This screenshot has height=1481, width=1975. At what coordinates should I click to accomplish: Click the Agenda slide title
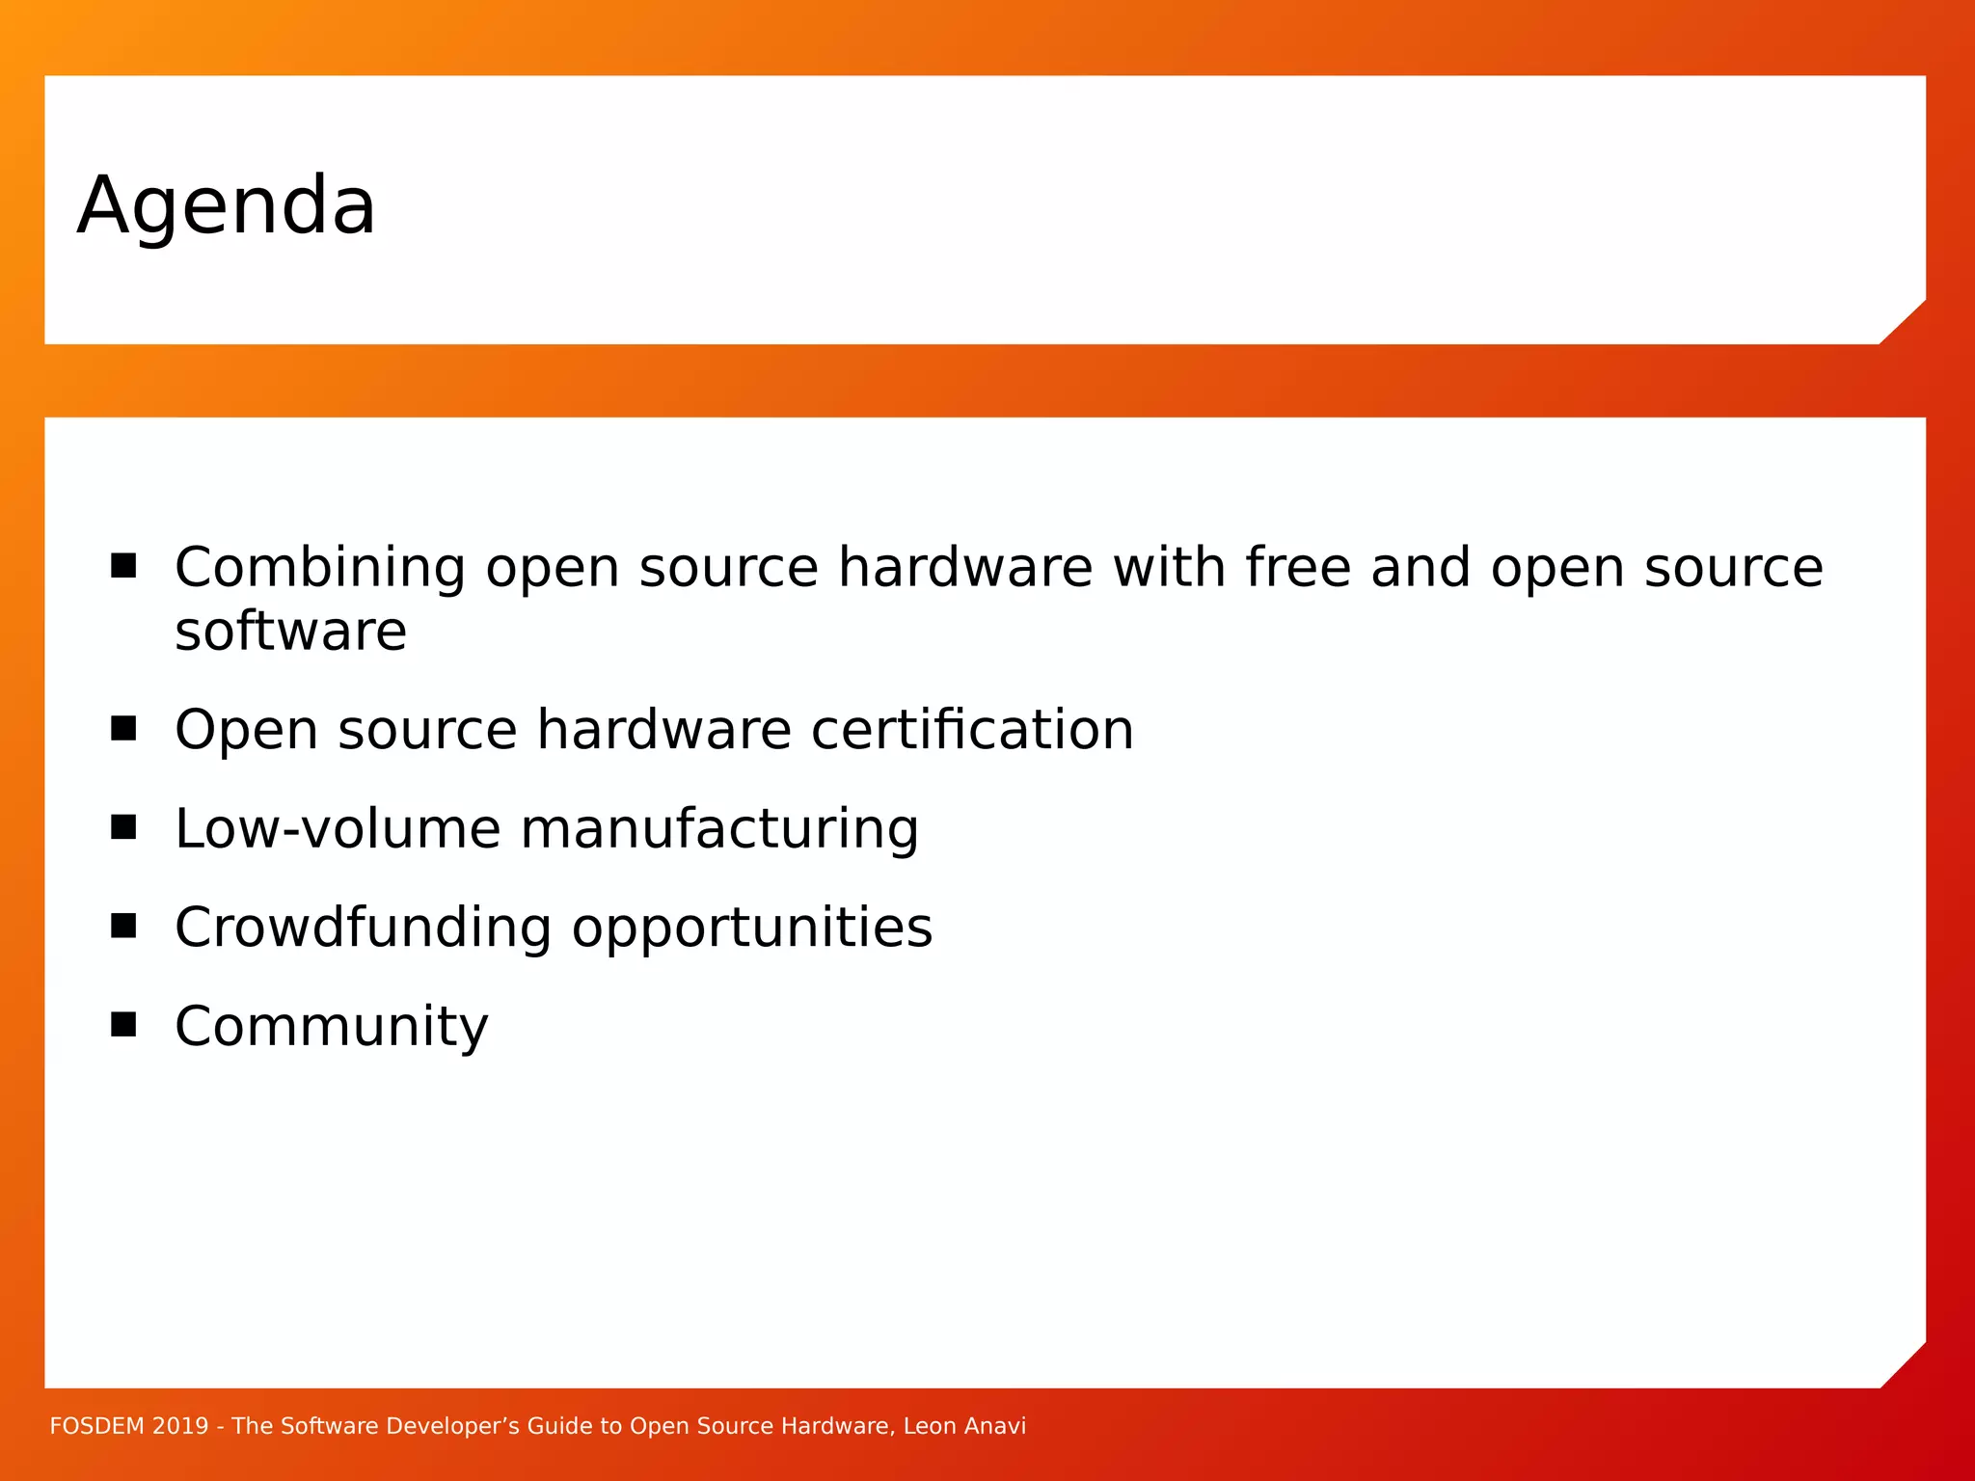point(227,205)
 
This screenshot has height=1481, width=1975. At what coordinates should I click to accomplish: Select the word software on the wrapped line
point(290,633)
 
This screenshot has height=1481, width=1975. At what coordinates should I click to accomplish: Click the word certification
point(972,730)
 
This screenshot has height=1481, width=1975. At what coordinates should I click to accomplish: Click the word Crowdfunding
point(364,928)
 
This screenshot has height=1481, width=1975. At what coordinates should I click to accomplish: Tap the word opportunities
point(752,929)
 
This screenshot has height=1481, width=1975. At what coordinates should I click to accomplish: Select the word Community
point(332,1027)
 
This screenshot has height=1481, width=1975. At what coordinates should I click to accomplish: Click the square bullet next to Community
point(123,1024)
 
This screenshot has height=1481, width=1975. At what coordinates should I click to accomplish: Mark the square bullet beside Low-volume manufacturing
point(123,827)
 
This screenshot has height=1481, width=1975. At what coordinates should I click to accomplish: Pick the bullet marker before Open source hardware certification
point(123,728)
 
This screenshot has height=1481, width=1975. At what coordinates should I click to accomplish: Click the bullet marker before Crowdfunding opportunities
point(123,926)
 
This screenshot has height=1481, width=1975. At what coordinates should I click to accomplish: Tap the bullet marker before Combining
point(123,565)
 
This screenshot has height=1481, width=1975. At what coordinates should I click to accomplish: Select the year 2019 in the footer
point(180,1426)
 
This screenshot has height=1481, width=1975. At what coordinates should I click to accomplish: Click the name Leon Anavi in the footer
point(964,1426)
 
